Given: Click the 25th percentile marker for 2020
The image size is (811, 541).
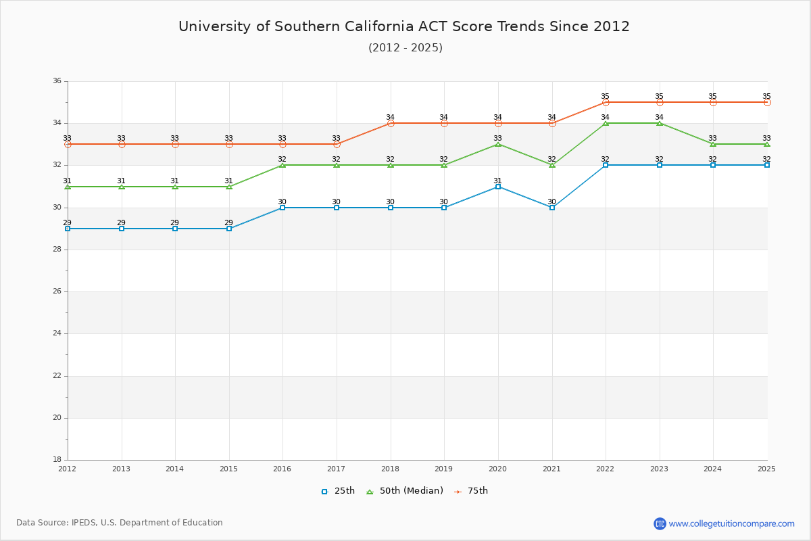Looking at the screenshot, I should (x=498, y=187).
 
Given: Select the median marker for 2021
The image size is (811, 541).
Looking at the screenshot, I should (x=552, y=165).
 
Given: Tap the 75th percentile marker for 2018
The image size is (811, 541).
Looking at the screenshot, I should (x=391, y=123).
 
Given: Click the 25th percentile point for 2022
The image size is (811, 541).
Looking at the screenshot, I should (x=606, y=165).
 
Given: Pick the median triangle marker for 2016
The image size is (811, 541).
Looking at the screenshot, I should (x=282, y=165).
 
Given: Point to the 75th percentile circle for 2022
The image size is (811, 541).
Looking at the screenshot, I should (x=606, y=102).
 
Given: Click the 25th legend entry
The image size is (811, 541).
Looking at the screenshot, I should (x=338, y=491).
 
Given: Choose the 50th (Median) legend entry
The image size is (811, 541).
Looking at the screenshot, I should (x=405, y=491).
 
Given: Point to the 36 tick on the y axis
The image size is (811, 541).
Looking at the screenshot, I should (x=57, y=81).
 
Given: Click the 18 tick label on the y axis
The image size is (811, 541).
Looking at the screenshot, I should (x=57, y=460).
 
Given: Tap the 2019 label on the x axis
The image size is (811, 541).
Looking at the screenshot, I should (x=443, y=469).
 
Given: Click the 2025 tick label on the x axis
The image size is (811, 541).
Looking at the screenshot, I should (x=766, y=469).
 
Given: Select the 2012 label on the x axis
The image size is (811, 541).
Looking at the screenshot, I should (x=68, y=469).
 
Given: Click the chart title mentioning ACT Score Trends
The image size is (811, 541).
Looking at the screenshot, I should (x=404, y=26).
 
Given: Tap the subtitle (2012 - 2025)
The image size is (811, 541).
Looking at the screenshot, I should (x=405, y=47).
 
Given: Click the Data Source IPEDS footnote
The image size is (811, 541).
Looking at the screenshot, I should (x=120, y=523).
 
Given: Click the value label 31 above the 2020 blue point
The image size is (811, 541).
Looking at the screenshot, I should (x=497, y=181).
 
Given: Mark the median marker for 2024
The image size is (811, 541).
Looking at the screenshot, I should (x=713, y=144).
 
